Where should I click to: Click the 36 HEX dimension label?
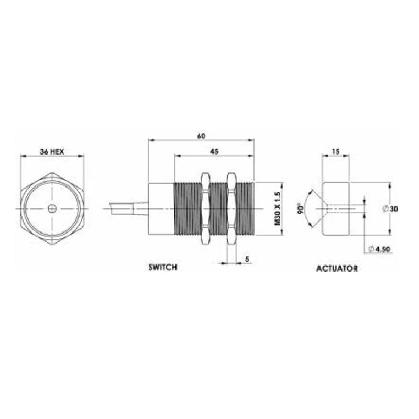[52, 152]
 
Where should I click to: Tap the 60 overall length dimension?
[201, 136]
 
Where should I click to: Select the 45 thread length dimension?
[214, 151]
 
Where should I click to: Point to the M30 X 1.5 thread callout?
[278, 208]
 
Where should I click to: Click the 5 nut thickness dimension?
[247, 259]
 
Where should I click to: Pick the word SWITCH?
[163, 267]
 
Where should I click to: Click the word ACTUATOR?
[337, 268]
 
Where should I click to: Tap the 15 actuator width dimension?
[336, 151]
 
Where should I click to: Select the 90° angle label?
[301, 208]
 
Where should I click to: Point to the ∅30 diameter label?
[390, 208]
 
